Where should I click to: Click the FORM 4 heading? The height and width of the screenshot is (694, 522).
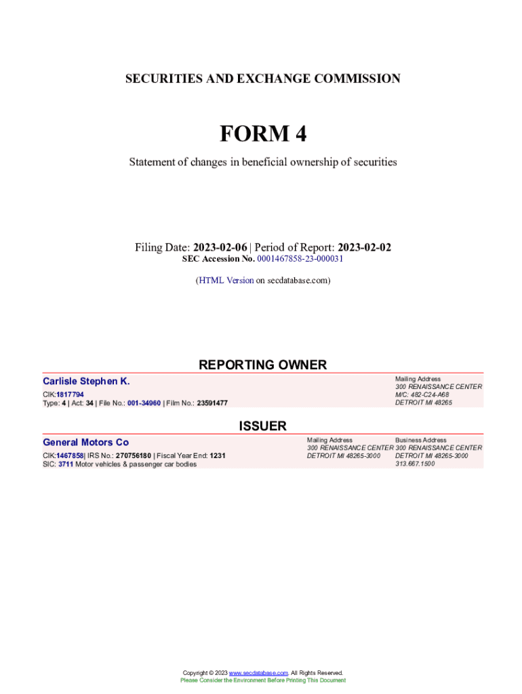click(x=262, y=134)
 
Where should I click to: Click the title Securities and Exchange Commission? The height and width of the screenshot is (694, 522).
click(x=262, y=79)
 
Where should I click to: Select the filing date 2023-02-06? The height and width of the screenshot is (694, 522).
click(x=220, y=247)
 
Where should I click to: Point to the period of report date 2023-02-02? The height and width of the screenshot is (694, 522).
click(x=364, y=247)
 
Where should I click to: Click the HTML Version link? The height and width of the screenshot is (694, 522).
click(x=226, y=280)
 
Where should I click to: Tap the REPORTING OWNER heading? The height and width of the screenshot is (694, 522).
click(x=262, y=365)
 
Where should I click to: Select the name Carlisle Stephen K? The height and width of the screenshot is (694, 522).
click(x=86, y=381)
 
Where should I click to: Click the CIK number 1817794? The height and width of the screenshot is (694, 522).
click(x=70, y=394)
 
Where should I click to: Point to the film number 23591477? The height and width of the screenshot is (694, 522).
click(x=212, y=403)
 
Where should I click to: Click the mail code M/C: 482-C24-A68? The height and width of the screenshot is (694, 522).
click(x=422, y=394)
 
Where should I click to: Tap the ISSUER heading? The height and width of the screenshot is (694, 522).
click(x=262, y=426)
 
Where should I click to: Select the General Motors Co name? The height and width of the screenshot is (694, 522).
click(x=85, y=442)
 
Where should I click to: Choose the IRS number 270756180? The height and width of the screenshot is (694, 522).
click(x=133, y=455)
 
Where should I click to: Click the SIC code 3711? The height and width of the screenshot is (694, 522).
click(x=66, y=464)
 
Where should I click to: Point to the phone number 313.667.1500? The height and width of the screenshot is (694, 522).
click(x=415, y=464)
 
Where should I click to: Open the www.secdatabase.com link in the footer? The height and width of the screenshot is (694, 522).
click(x=259, y=673)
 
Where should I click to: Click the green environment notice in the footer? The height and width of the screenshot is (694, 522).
click(x=262, y=680)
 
